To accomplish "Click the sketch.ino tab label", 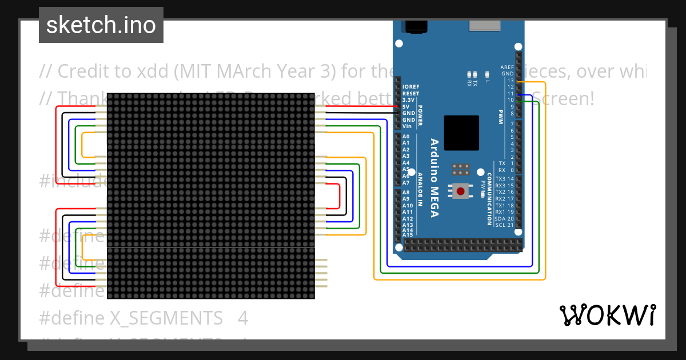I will coord(101,25).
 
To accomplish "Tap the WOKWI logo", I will coord(607,315).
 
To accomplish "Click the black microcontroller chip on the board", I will coord(461,133).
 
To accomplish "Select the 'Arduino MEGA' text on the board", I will coord(434,178).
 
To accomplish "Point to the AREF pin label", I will coord(506,67).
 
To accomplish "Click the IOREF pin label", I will coord(410,87).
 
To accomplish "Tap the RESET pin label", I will coord(410,94).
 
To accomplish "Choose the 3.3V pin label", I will coord(408,100).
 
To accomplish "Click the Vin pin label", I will coord(408,126).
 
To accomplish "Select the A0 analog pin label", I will coord(406,137).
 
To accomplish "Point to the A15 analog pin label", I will coord(408,235).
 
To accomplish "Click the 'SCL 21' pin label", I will coord(504,225).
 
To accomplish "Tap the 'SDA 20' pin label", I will coord(504,219).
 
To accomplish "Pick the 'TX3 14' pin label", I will coord(504,179).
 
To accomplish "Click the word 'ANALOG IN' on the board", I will coord(420,189).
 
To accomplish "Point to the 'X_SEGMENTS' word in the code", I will coord(166,318).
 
